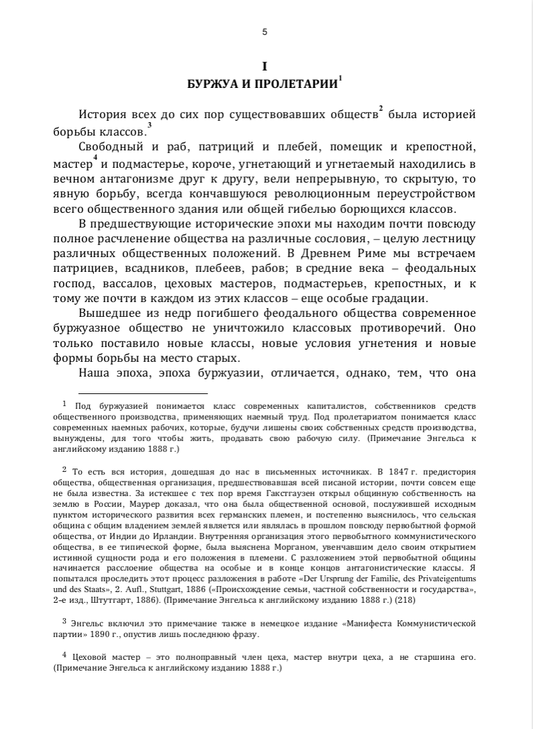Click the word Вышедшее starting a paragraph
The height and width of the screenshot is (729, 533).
pos(107,313)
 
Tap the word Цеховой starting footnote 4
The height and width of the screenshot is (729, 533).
pos(92,659)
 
